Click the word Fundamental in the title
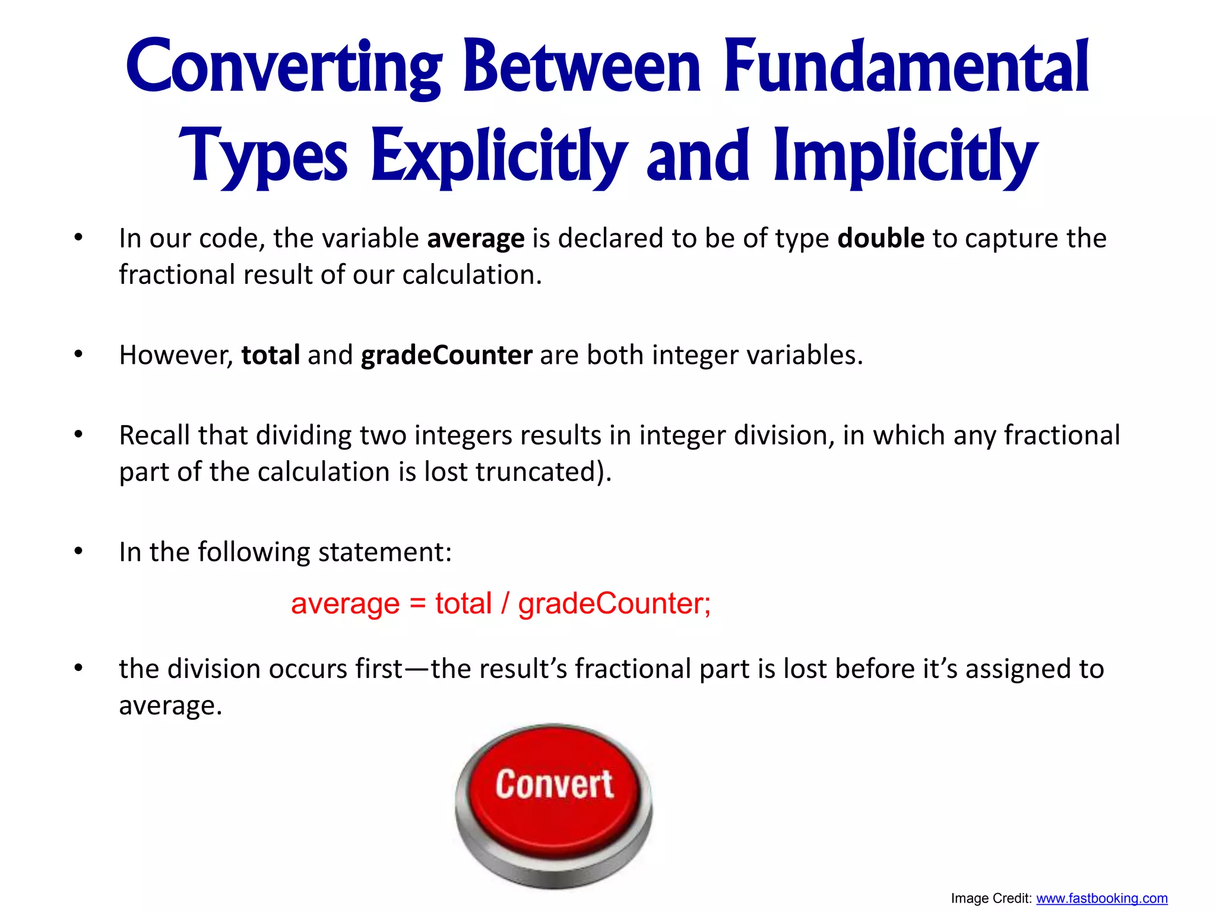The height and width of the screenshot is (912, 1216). click(x=906, y=66)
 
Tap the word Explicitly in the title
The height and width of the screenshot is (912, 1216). click(x=499, y=156)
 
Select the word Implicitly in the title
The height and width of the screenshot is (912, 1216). click(x=906, y=156)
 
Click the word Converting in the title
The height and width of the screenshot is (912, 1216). click(x=284, y=66)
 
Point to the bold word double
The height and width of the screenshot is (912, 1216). click(x=881, y=239)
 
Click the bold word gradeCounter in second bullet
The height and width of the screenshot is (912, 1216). click(x=446, y=355)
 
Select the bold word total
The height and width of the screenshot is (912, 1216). click(x=270, y=355)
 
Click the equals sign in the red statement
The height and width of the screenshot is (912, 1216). click(x=417, y=604)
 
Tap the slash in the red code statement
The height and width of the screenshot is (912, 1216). click(x=505, y=604)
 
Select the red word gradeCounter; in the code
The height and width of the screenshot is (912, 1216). click(x=614, y=604)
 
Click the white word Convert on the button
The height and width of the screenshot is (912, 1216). click(x=554, y=784)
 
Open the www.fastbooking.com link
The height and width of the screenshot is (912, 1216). click(x=1101, y=898)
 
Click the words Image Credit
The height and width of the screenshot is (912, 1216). click(x=990, y=898)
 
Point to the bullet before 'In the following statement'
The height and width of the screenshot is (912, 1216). click(x=78, y=552)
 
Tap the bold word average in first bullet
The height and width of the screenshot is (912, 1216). click(x=476, y=239)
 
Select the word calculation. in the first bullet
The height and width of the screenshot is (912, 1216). click(x=472, y=275)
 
